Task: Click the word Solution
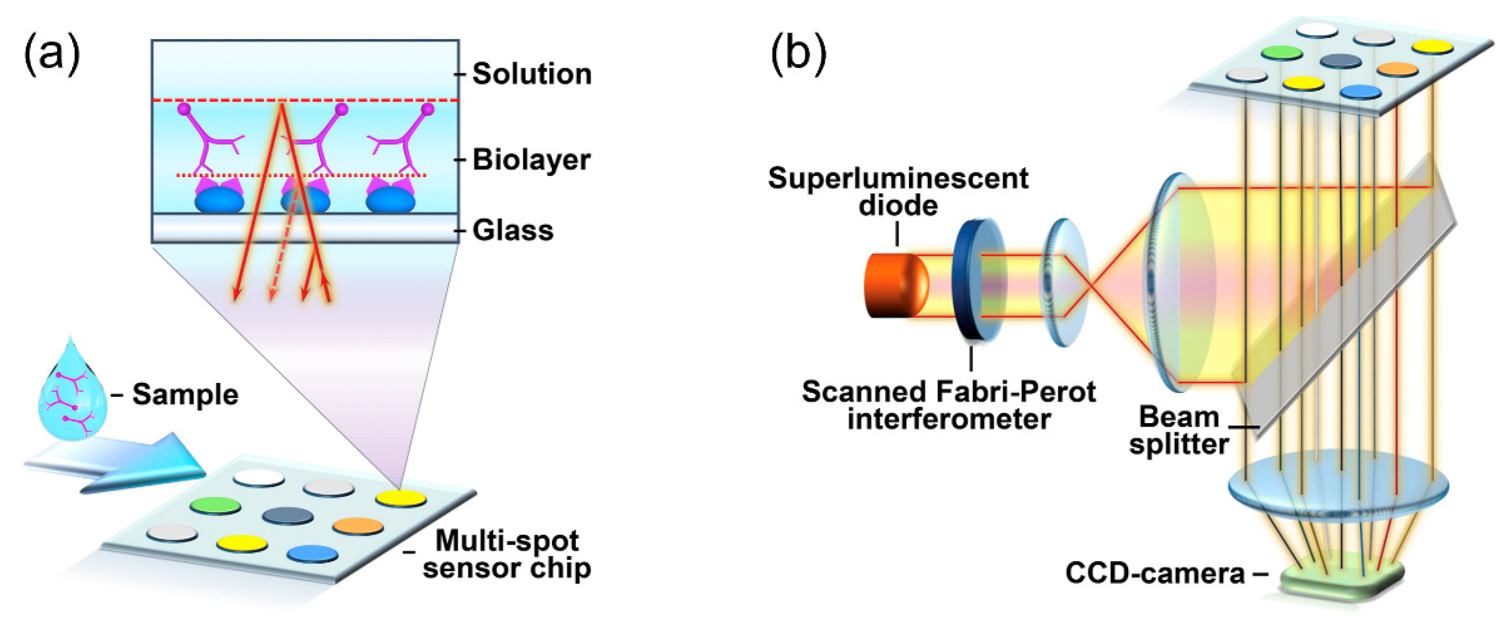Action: (532, 74)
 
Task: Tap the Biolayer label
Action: (531, 160)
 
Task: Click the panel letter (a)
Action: (51, 54)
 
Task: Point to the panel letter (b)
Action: (798, 54)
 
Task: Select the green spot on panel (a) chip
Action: (216, 505)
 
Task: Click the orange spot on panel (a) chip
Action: (358, 526)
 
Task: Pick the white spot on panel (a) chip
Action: (259, 477)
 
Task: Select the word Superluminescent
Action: (898, 178)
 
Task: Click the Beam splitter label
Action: (1179, 430)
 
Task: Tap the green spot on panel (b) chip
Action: (1282, 53)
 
